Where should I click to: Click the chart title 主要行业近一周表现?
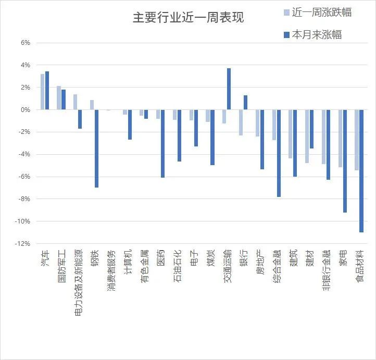point(188,17)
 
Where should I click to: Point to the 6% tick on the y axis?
point(26,43)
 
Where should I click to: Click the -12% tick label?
point(23,244)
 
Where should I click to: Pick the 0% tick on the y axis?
point(26,110)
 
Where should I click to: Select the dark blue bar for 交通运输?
point(229,89)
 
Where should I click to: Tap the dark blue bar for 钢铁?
point(96,148)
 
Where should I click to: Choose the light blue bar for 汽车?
point(42,92)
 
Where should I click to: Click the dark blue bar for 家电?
point(345,161)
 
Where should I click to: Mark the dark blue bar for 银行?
point(245,103)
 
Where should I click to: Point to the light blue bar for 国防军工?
point(59,98)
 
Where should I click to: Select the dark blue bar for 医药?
point(162,144)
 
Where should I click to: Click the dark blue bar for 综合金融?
point(279,153)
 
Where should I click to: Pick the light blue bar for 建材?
point(307,136)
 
